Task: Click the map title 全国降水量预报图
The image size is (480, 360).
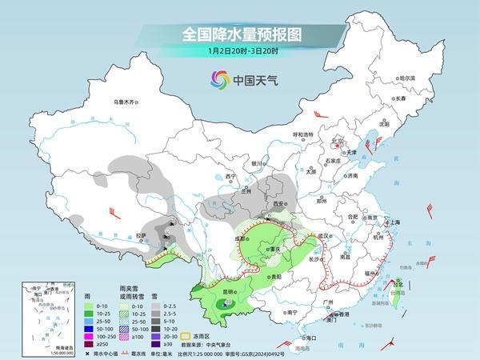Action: click(239, 36)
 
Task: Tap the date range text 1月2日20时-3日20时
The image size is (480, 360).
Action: click(239, 52)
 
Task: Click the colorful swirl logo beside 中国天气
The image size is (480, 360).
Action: click(218, 78)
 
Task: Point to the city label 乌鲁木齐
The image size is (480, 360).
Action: click(126, 102)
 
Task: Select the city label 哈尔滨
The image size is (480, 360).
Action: click(407, 78)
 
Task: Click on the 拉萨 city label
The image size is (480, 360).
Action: click(142, 235)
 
